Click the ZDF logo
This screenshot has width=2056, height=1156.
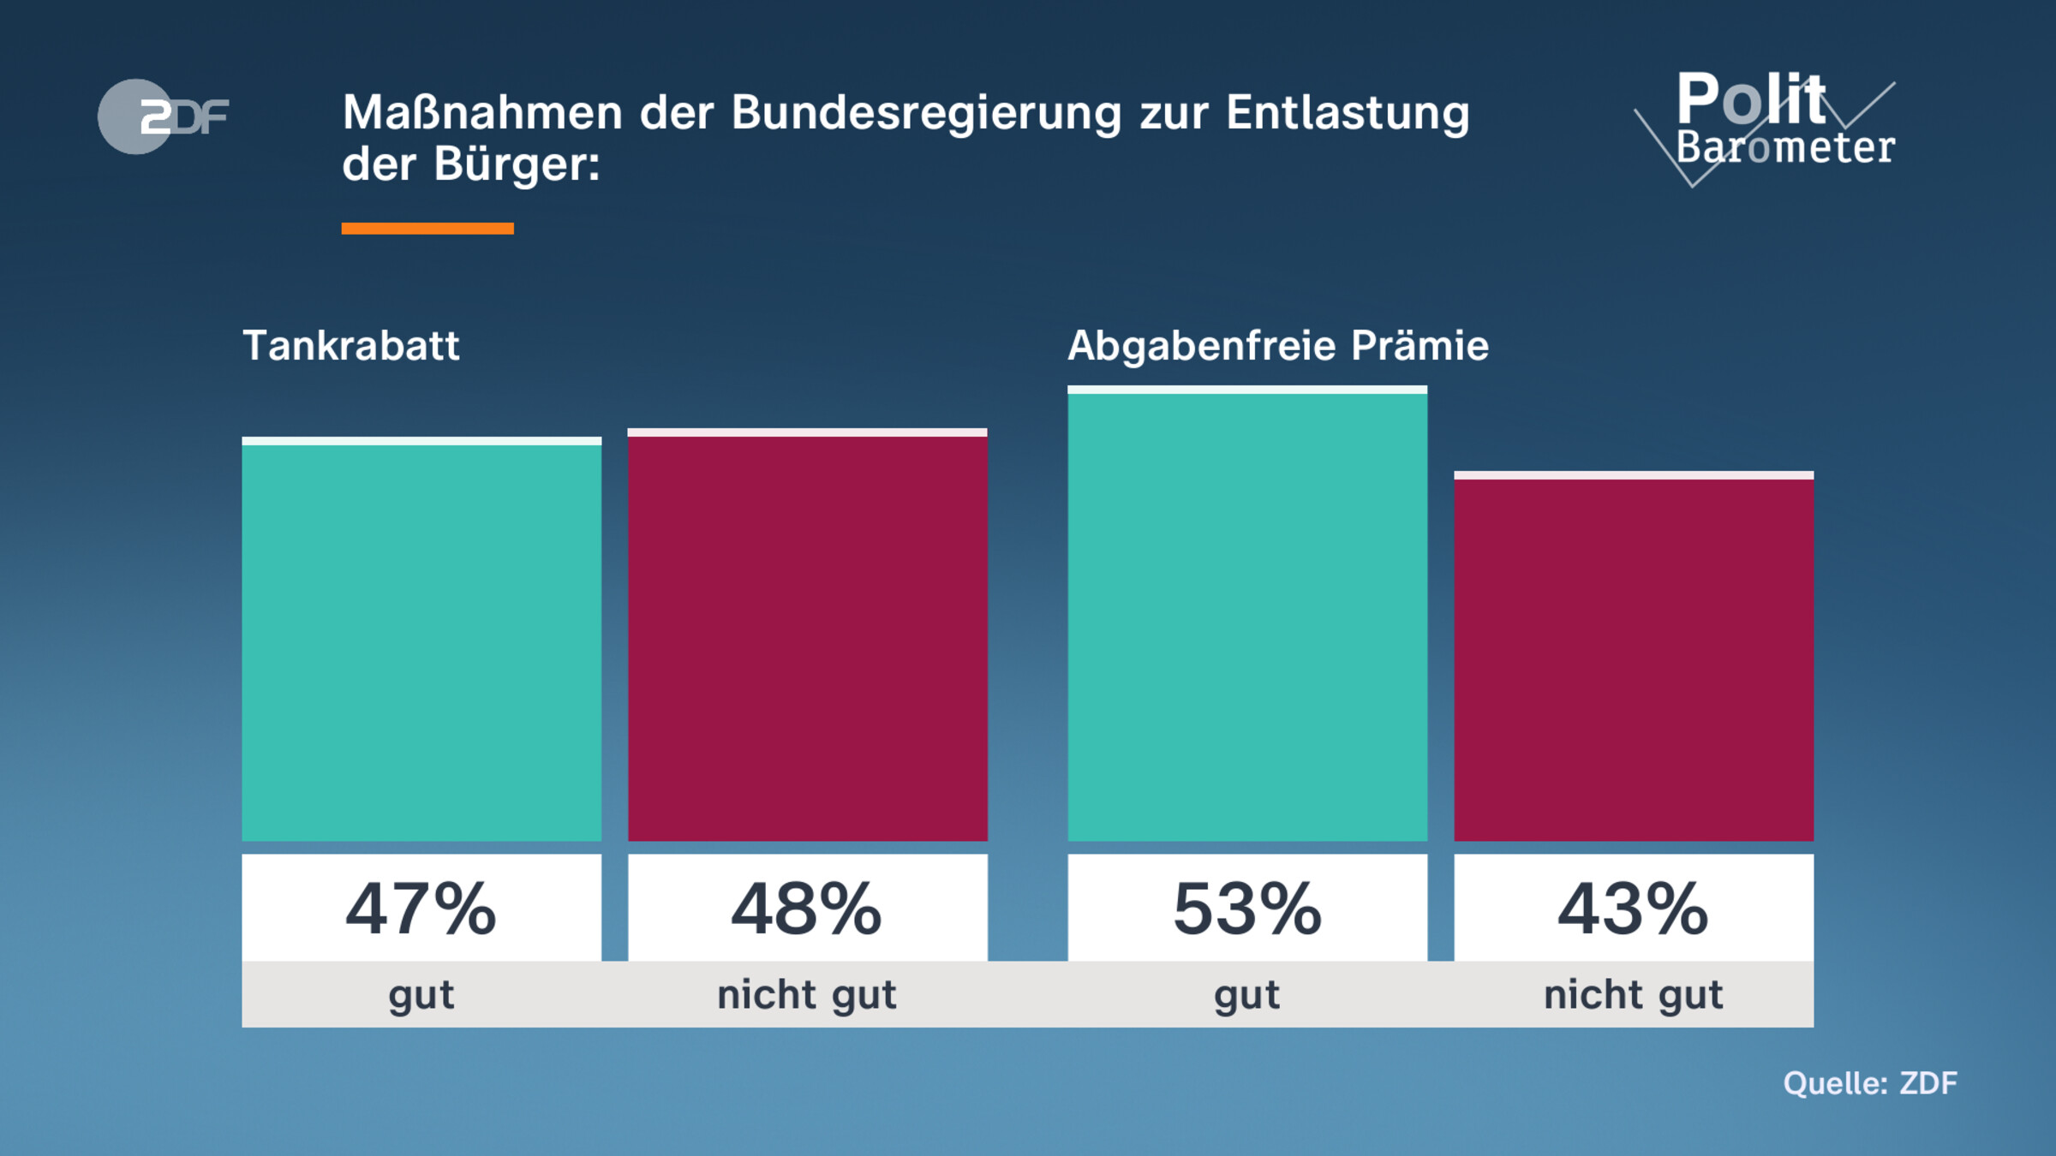[163, 116]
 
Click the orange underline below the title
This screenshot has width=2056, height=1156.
[427, 228]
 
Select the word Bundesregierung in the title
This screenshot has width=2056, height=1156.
[925, 113]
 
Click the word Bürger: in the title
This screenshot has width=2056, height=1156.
[517, 164]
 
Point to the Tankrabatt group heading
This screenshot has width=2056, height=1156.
[351, 346]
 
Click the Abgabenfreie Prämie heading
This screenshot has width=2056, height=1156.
[1277, 346]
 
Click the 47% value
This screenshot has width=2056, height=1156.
[421, 909]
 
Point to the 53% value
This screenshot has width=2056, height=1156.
[1247, 909]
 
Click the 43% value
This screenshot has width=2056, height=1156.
[1633, 909]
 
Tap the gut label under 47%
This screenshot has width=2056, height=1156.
[421, 995]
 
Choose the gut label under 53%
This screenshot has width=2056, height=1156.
[1247, 995]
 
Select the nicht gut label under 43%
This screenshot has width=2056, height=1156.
[1633, 995]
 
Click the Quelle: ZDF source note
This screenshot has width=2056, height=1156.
[1869, 1083]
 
